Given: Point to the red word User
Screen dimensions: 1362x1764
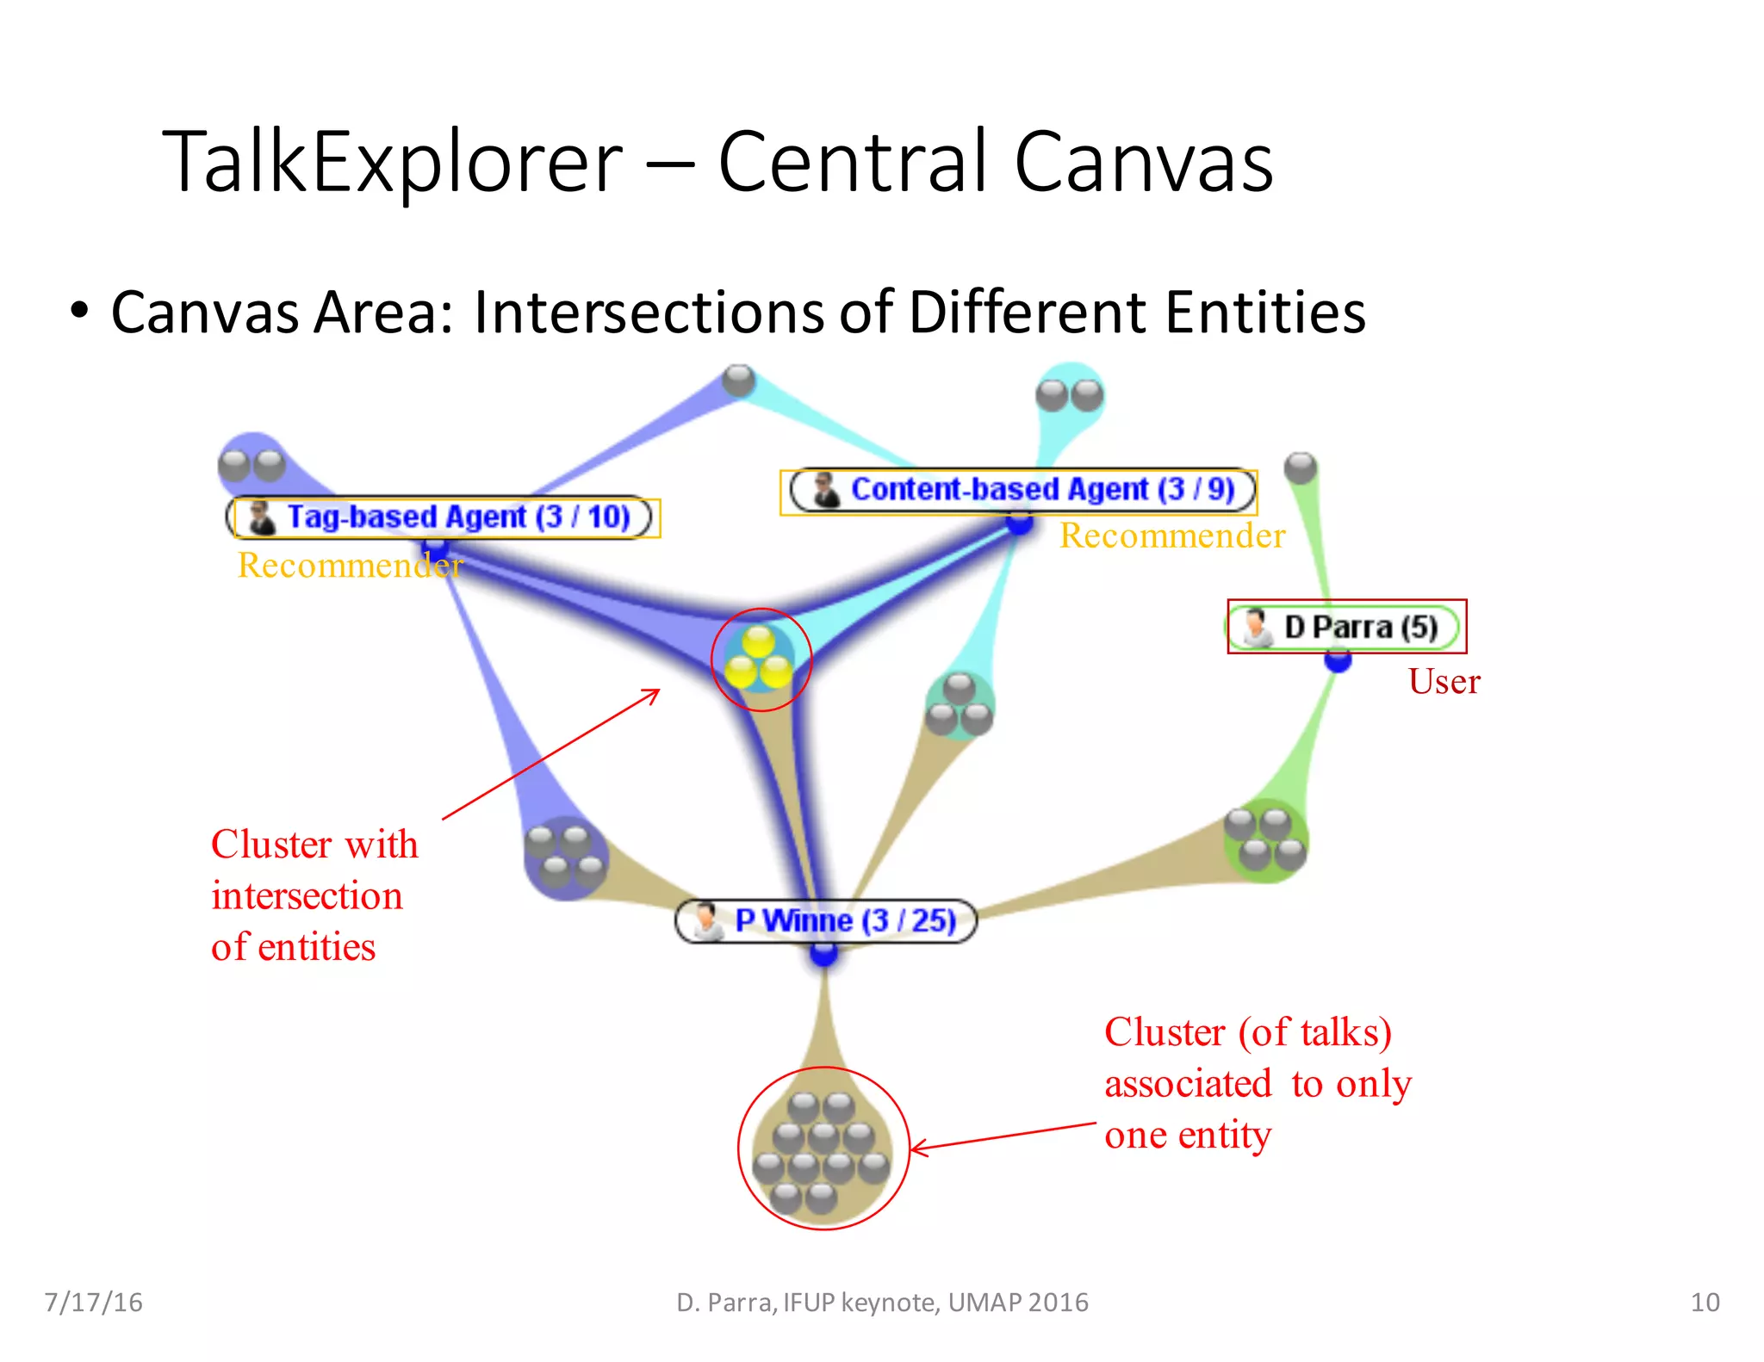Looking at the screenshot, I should pyautogui.click(x=1444, y=682).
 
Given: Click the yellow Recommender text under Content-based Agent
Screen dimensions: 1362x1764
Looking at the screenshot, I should pyautogui.click(x=1171, y=536).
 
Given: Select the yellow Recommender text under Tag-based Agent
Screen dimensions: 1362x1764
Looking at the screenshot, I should pyautogui.click(x=350, y=565).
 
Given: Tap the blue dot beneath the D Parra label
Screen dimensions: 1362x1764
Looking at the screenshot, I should pyautogui.click(x=1338, y=661).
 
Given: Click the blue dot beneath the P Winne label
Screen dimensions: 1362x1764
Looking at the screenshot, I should pyautogui.click(x=823, y=953).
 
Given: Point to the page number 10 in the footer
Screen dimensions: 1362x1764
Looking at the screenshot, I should pyautogui.click(x=1705, y=1302).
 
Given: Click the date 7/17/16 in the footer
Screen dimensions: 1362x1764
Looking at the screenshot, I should pyautogui.click(x=93, y=1302).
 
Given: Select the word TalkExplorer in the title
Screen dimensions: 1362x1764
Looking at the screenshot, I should pyautogui.click(x=392, y=161).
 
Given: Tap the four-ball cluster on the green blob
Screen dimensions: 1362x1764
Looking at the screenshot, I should pyautogui.click(x=1265, y=839).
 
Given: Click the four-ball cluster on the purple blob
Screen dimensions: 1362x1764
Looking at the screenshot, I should pyautogui.click(x=566, y=857).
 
